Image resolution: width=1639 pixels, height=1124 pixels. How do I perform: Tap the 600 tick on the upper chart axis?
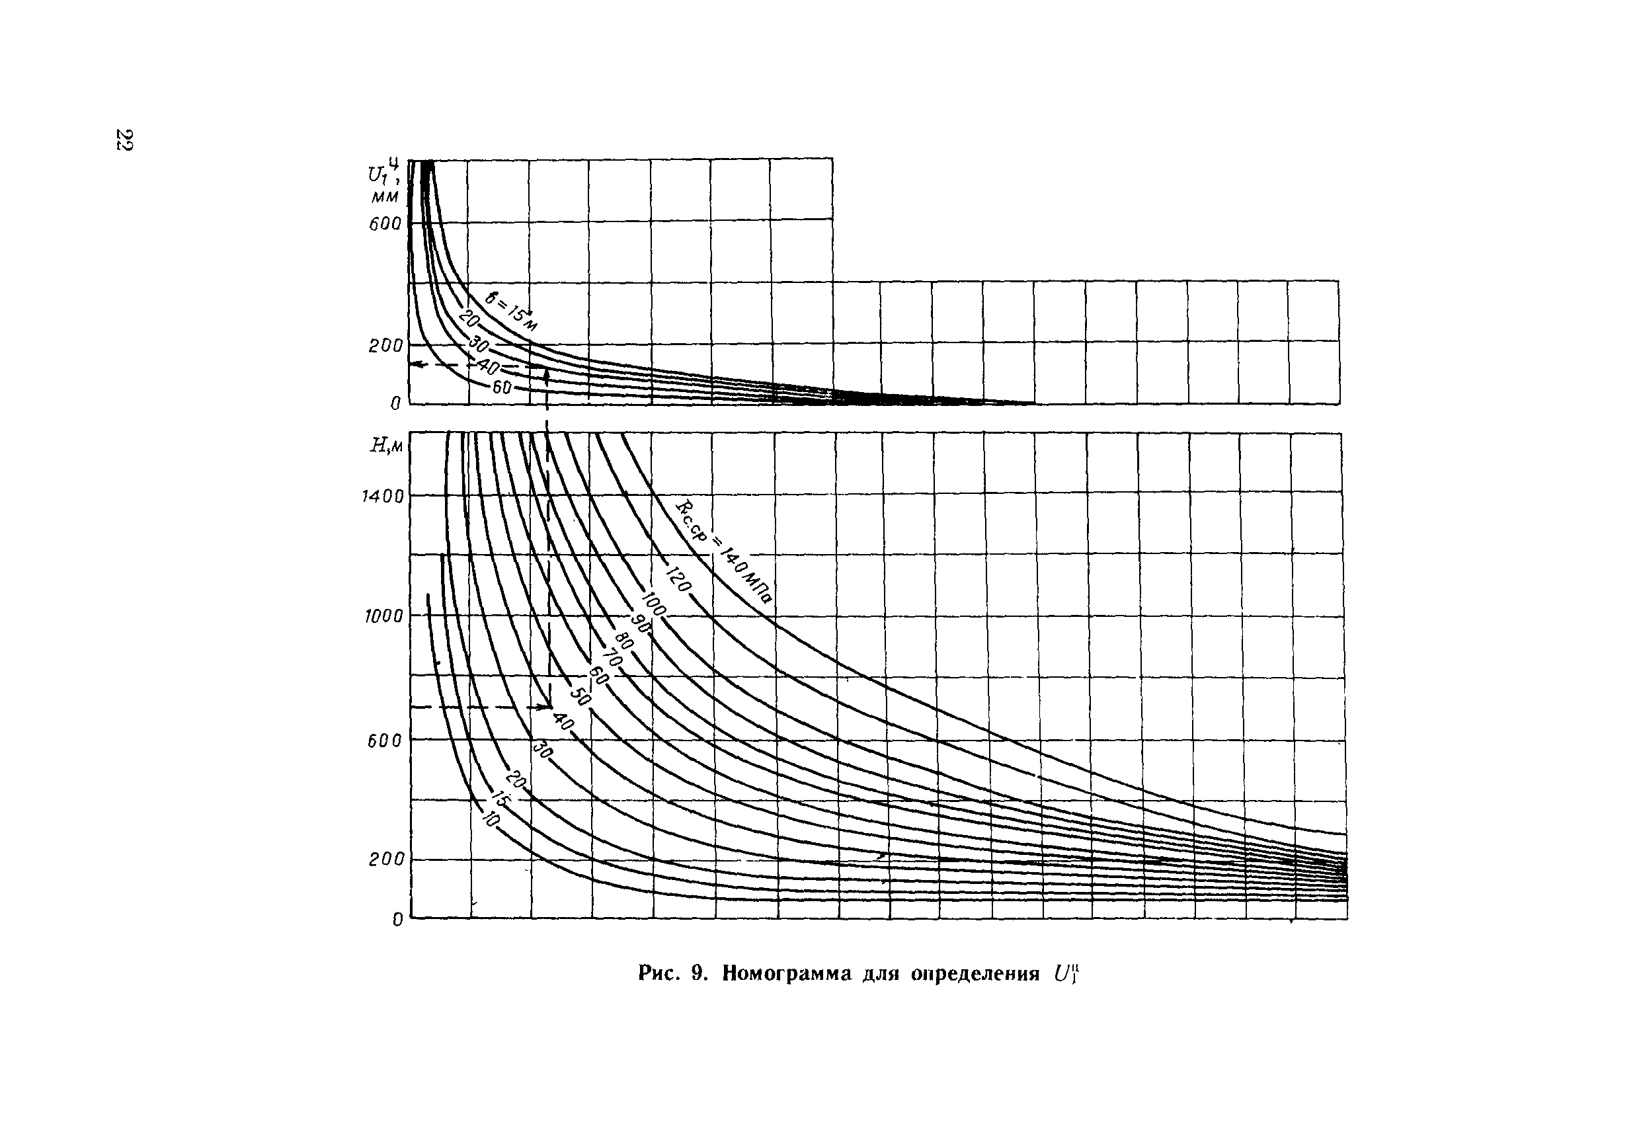pyautogui.click(x=384, y=224)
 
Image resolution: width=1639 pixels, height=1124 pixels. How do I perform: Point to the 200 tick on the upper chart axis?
pyautogui.click(x=385, y=346)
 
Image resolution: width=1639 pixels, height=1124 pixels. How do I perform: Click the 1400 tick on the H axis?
pyautogui.click(x=383, y=497)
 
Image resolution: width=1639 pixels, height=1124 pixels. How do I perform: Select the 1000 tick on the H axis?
pyautogui.click(x=383, y=616)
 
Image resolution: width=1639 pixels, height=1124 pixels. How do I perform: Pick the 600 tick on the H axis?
pyautogui.click(x=384, y=741)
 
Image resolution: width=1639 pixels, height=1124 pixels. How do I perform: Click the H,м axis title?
pyautogui.click(x=387, y=446)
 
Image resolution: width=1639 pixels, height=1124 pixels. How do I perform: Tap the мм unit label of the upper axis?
pyautogui.click(x=385, y=195)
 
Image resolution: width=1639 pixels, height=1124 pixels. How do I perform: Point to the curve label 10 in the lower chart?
pyautogui.click(x=491, y=818)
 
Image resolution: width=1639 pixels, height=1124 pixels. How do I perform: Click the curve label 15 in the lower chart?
pyautogui.click(x=500, y=799)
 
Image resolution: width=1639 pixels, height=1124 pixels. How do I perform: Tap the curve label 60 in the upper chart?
pyautogui.click(x=501, y=387)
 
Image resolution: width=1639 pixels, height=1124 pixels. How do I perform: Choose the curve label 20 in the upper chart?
pyautogui.click(x=468, y=319)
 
